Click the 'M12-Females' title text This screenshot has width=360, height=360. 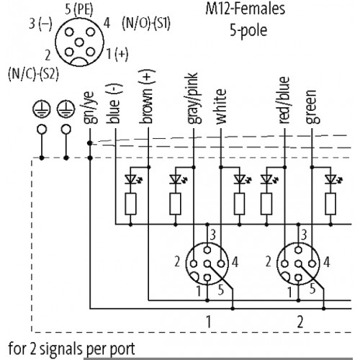click(x=246, y=9)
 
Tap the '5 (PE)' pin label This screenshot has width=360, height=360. click(x=79, y=10)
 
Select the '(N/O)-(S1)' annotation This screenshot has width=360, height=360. click(x=146, y=24)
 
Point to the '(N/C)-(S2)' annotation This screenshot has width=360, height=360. click(x=33, y=73)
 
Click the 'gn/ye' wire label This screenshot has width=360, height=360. click(x=90, y=108)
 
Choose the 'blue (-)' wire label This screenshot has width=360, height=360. click(x=114, y=104)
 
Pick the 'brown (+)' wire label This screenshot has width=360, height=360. click(x=147, y=96)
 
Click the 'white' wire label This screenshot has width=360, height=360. click(x=221, y=107)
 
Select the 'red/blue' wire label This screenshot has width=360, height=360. click(x=284, y=100)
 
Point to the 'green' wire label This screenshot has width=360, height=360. click(x=312, y=107)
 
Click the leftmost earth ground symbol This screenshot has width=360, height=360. click(x=42, y=109)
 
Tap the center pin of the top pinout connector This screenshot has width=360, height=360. click(x=79, y=42)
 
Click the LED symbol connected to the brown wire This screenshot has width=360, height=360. click(x=132, y=179)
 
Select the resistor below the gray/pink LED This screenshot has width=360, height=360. click(x=175, y=204)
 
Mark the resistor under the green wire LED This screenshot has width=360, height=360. click(x=330, y=204)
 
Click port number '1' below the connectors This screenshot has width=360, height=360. click(x=208, y=322)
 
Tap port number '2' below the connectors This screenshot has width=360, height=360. click(x=300, y=322)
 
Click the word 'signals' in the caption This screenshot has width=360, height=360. click(x=62, y=349)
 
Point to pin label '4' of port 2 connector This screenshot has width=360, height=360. click(x=326, y=262)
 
